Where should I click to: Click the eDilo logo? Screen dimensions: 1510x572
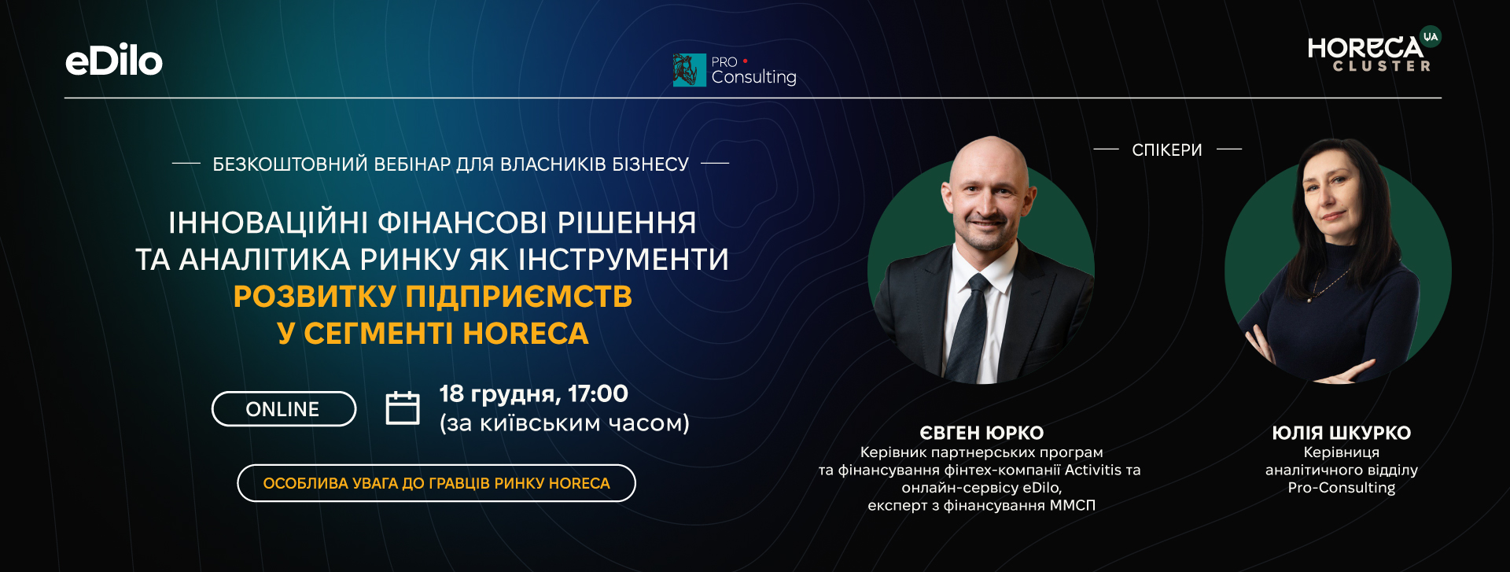click(x=114, y=61)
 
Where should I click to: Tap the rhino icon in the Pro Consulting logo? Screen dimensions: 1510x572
click(x=689, y=70)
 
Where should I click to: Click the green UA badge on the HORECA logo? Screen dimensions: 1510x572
click(x=1431, y=36)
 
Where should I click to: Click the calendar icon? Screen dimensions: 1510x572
click(x=403, y=408)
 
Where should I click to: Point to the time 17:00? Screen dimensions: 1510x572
click(x=598, y=393)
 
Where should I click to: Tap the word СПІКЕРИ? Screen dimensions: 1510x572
click(x=1167, y=149)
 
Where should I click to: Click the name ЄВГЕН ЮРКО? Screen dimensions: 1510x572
click(x=981, y=433)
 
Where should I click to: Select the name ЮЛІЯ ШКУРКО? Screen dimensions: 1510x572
click(x=1342, y=433)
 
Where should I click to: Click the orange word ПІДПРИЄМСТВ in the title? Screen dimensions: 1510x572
click(x=519, y=297)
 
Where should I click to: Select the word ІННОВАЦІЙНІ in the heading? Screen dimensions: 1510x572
click(x=268, y=223)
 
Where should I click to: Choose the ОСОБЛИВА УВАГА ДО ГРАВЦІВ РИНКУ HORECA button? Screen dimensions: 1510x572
click(x=436, y=483)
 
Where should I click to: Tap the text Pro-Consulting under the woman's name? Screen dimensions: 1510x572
click(x=1342, y=488)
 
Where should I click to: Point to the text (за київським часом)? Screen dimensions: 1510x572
click(x=565, y=423)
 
